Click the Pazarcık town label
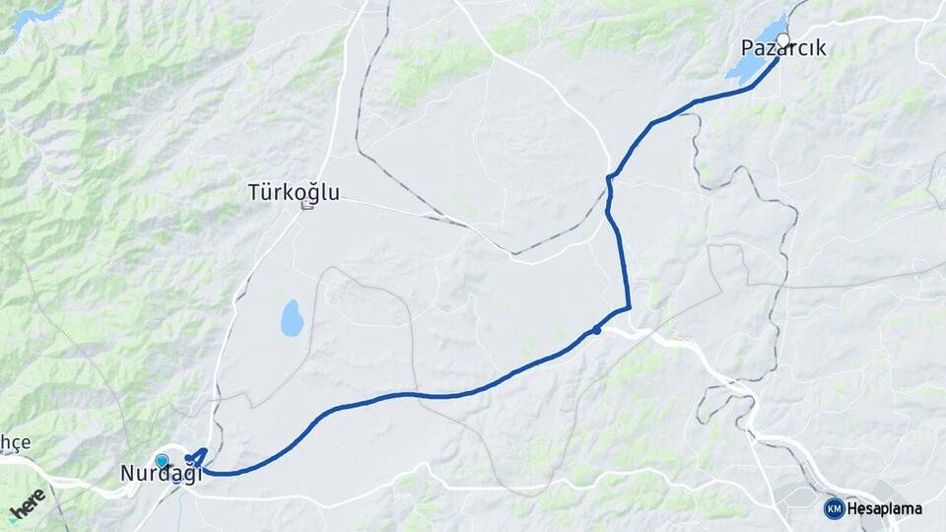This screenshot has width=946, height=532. pyautogui.click(x=783, y=48)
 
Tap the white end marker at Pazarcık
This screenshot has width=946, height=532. pyautogui.click(x=783, y=40)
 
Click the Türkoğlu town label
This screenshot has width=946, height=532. pyautogui.click(x=294, y=192)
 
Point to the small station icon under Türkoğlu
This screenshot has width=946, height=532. pyautogui.click(x=306, y=206)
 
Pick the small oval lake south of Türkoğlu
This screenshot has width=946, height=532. pyautogui.click(x=292, y=318)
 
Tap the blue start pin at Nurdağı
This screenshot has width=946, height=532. pyautogui.click(x=162, y=460)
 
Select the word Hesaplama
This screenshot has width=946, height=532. pyautogui.click(x=885, y=508)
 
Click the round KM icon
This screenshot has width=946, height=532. pyautogui.click(x=834, y=508)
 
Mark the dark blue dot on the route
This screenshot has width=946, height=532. pyautogui.click(x=597, y=330)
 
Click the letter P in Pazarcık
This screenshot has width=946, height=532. pyautogui.click(x=747, y=48)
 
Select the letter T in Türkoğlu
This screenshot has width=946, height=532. pyautogui.click(x=254, y=192)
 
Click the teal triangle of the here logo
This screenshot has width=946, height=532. pyautogui.click(x=14, y=515)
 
